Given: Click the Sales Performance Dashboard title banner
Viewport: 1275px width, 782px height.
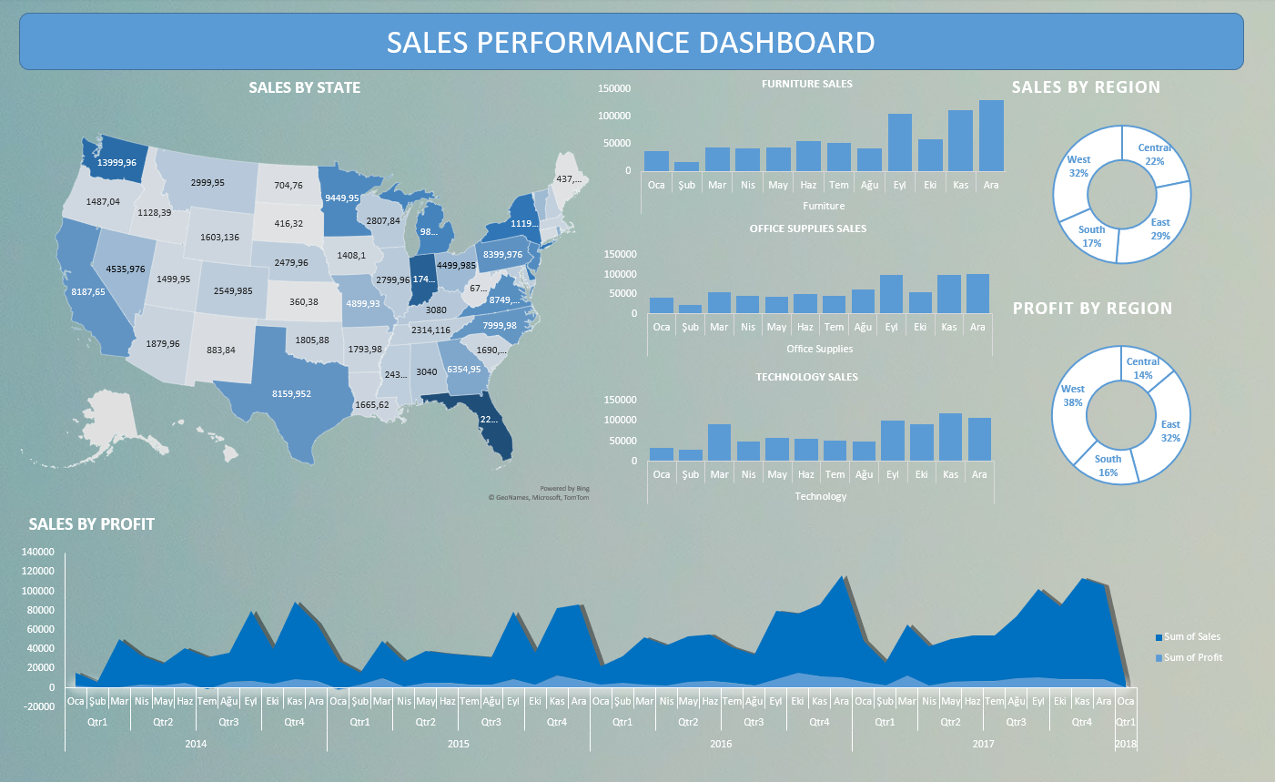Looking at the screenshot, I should (x=631, y=42).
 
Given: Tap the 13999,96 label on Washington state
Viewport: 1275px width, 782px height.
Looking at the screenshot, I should (x=116, y=162).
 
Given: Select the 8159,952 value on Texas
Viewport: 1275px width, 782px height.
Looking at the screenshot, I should (x=291, y=394).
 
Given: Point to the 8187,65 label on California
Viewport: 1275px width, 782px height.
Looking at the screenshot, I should (x=88, y=292).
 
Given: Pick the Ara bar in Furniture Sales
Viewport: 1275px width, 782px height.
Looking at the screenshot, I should (x=991, y=136).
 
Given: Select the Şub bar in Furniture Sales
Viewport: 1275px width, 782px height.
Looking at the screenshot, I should (x=686, y=167).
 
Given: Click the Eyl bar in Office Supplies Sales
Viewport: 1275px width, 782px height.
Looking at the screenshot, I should (x=891, y=294).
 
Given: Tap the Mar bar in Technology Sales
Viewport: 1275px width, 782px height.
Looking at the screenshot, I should (x=719, y=442).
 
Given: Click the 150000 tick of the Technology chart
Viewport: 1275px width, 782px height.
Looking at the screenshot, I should (x=621, y=400).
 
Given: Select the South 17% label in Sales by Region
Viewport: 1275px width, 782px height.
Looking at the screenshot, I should (x=1091, y=237).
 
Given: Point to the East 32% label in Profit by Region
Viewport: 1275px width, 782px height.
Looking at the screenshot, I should (x=1170, y=431).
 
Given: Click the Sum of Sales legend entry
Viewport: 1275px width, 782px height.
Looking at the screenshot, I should (x=1190, y=637).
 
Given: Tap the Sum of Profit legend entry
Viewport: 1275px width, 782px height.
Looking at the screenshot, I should (x=1191, y=657).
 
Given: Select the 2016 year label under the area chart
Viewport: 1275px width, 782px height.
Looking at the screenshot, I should (x=721, y=744).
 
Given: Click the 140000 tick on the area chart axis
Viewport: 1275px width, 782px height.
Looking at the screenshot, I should (x=37, y=552).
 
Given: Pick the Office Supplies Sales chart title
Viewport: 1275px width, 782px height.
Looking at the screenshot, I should (x=807, y=229).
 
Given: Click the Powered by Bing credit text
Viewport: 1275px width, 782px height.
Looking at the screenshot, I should (x=564, y=489).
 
